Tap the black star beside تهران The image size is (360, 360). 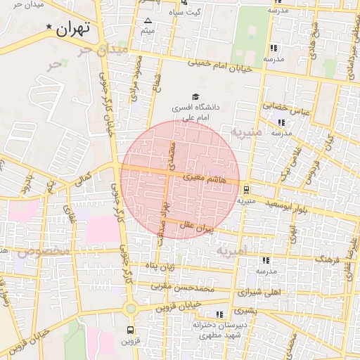[x=49, y=27]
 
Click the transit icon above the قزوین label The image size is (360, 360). [x=130, y=330]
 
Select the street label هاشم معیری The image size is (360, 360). [x=203, y=179]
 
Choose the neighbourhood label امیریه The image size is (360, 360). [x=231, y=251]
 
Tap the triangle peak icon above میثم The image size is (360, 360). [x=148, y=20]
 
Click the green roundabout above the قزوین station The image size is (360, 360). [x=130, y=309]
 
